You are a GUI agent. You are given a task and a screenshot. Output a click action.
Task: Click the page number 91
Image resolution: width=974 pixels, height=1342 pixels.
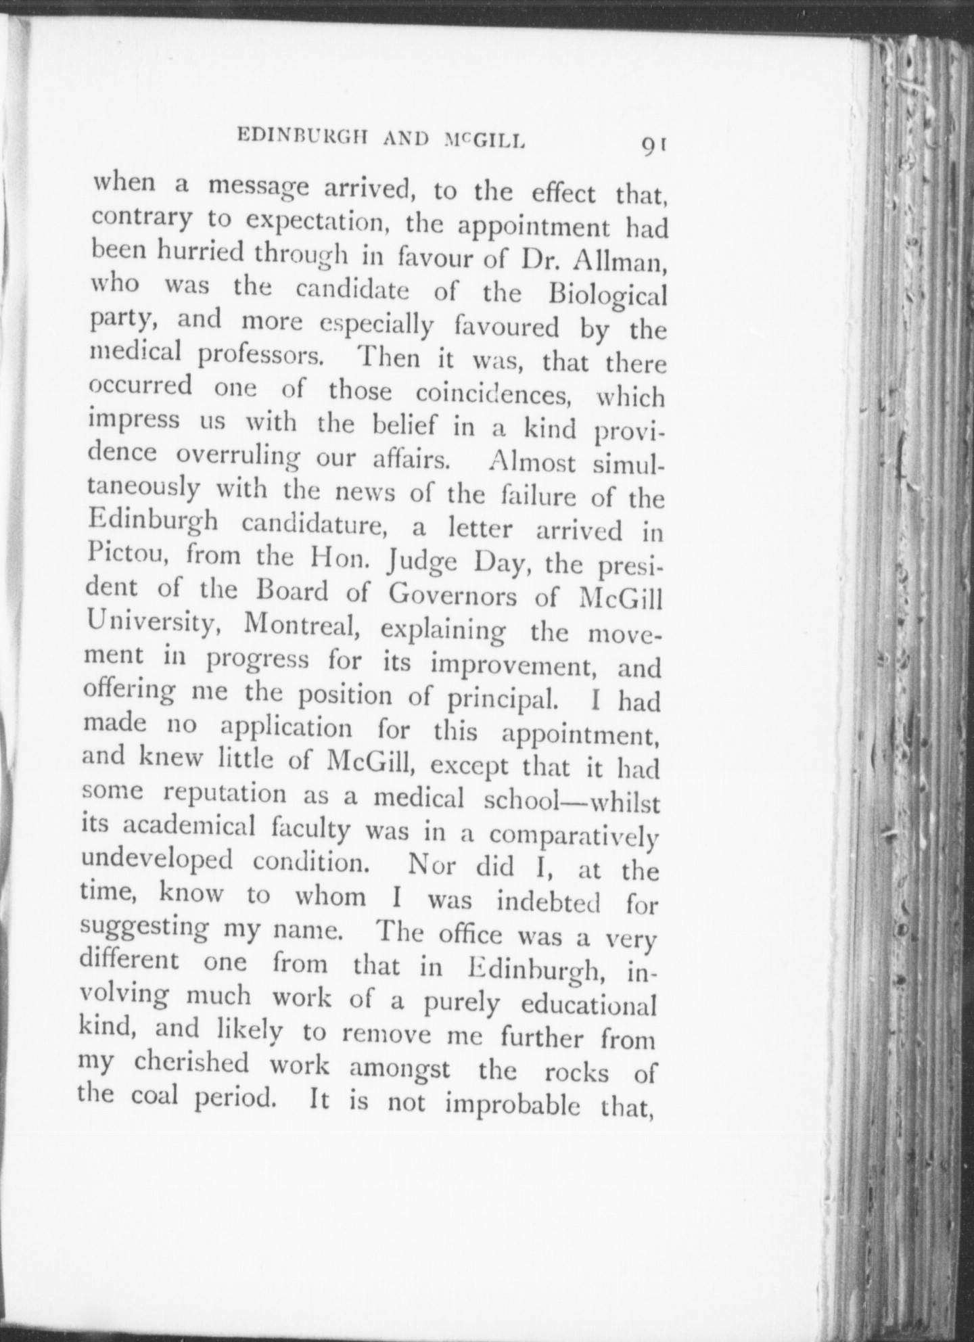coord(655,145)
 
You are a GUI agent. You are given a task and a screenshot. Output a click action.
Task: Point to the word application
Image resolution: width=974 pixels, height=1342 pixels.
coord(287,729)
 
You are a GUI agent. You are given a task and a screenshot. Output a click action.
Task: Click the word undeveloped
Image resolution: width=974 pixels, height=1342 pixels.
coord(157,861)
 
